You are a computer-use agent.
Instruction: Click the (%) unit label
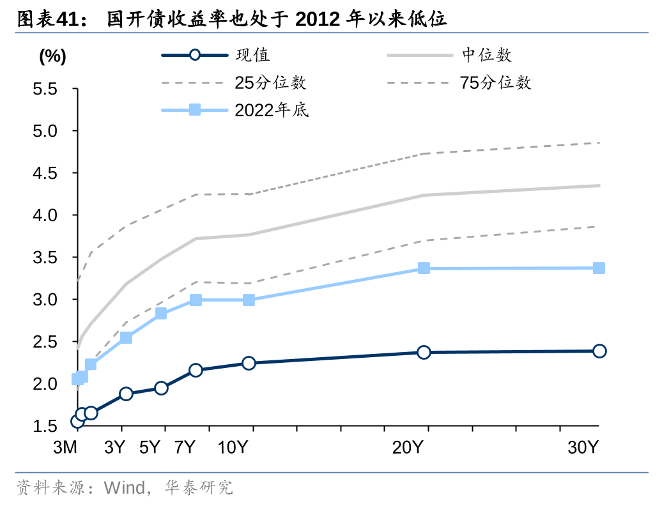tap(52, 56)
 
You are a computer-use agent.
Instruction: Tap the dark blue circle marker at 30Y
tap(599, 351)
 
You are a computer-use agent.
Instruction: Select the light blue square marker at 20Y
tap(424, 268)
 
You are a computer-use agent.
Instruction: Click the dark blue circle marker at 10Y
tap(249, 363)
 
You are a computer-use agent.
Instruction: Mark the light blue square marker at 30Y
tap(599, 268)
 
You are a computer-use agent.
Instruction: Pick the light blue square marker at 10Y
tap(249, 300)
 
